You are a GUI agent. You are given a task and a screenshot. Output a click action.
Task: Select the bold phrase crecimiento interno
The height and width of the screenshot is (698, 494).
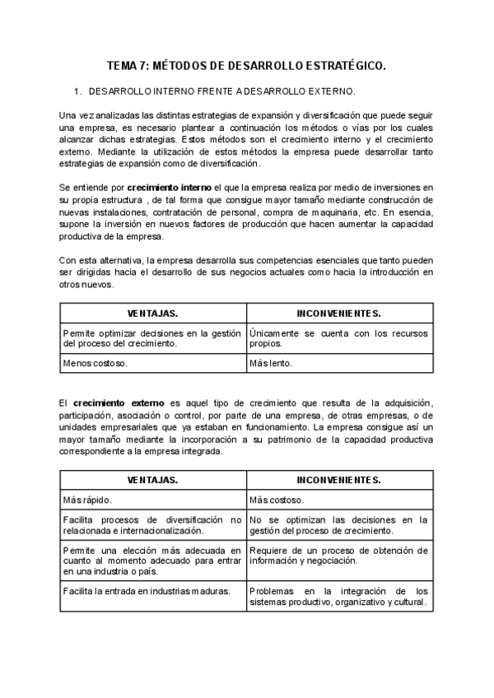[170, 188]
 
